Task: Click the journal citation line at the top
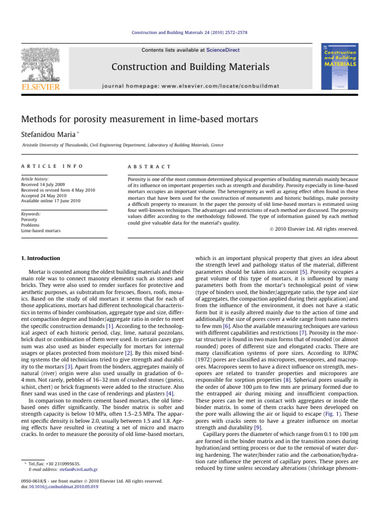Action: [193, 33]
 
